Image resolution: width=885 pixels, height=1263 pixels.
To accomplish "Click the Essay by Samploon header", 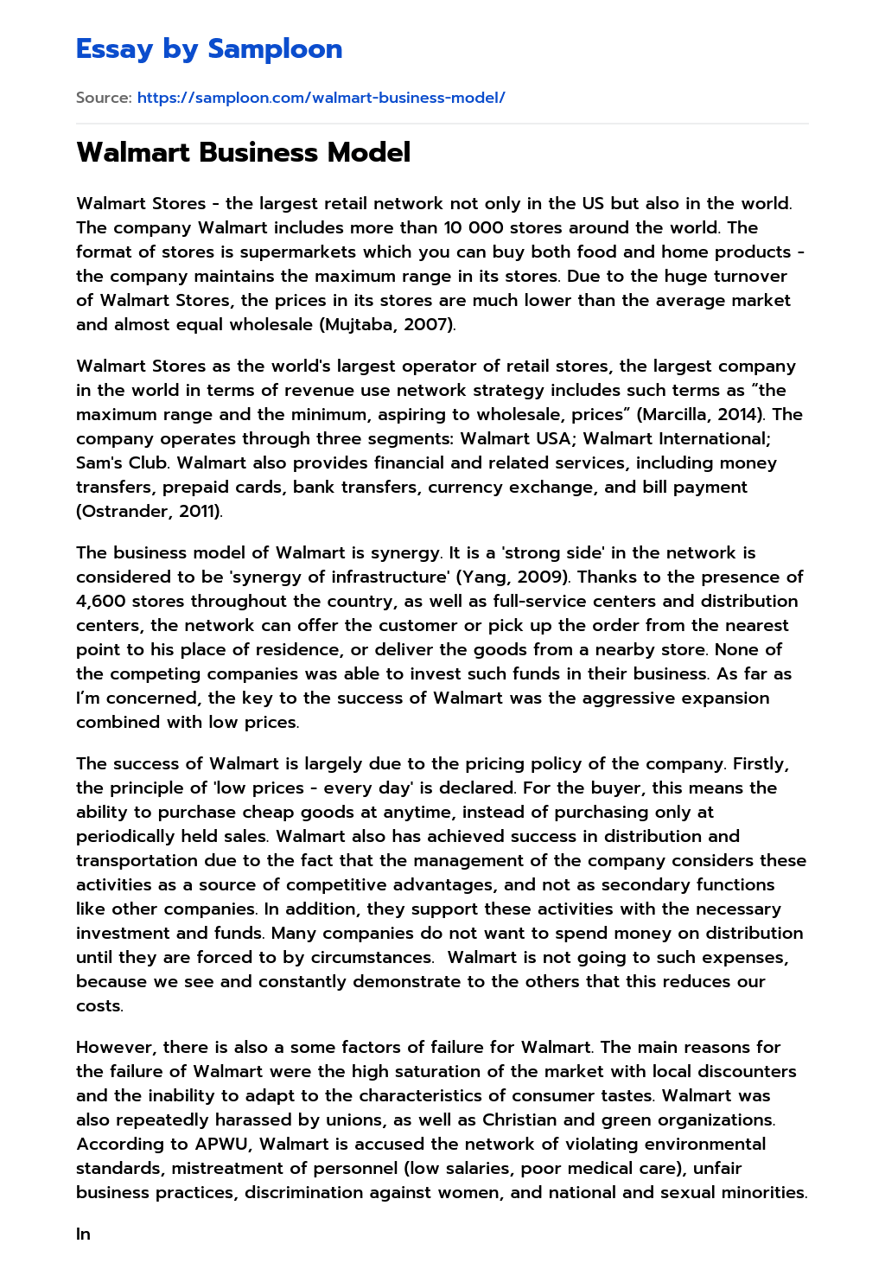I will (x=209, y=49).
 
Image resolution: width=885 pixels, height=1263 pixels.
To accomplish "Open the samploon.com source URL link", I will (x=321, y=98).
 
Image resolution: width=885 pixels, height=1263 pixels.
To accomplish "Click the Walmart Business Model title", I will (x=243, y=152).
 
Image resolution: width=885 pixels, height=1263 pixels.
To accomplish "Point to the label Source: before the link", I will (x=104, y=98).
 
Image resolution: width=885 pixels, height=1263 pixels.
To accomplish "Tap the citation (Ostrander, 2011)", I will (x=149, y=511).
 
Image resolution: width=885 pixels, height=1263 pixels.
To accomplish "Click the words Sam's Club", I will (x=122, y=462).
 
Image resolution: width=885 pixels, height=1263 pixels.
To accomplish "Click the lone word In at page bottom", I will (x=83, y=1234).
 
